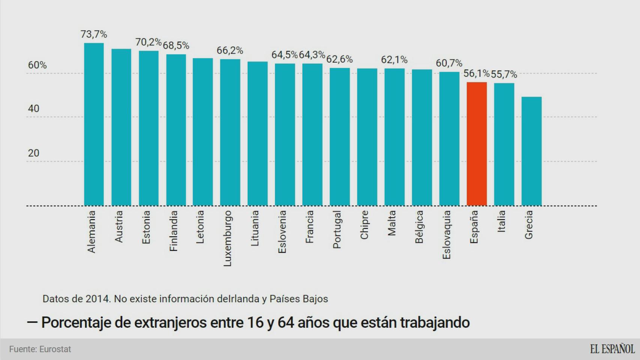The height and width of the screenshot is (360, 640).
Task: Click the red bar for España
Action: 476,144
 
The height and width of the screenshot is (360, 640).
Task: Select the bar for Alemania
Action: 94,124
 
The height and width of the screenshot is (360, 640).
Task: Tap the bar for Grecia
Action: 531,151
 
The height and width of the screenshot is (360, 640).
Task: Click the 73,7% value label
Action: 94,34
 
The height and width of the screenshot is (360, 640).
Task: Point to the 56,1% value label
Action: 476,73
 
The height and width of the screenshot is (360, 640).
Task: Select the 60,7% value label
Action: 449,63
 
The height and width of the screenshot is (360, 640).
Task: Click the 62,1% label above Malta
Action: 394,60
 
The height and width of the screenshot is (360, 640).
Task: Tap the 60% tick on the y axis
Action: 38,65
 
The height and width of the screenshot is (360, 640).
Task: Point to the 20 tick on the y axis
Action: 33,153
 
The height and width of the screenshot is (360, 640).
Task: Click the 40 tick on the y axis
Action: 33,109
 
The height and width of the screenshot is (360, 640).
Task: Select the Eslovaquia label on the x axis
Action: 446,235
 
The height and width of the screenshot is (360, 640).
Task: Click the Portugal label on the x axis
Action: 337,229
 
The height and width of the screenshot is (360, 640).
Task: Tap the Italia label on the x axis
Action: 501,221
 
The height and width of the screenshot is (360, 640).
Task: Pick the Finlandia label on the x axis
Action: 173,231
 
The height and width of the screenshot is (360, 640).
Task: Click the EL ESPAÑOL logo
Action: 612,349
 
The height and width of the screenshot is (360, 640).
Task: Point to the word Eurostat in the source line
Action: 55,349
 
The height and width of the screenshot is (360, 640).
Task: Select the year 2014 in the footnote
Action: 97,299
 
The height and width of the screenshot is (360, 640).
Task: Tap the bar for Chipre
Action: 367,137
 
